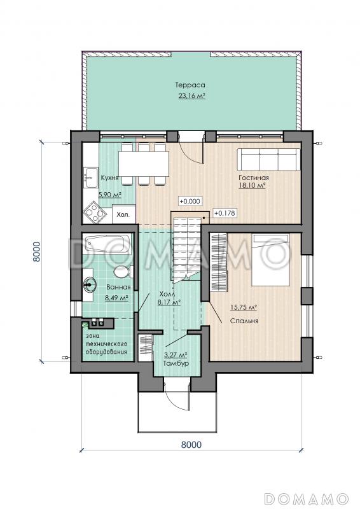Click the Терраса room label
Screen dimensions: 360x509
[190, 85]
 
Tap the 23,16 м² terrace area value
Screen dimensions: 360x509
[191, 96]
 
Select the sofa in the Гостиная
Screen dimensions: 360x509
[269, 160]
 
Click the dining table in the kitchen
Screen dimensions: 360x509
[144, 164]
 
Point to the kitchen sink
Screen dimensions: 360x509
[91, 178]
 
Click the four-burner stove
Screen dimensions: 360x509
[95, 213]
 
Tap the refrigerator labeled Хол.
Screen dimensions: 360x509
[123, 214]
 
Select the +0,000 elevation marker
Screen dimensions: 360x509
[190, 201]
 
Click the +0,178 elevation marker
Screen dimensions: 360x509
[225, 213]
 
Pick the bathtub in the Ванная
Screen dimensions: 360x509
[107, 244]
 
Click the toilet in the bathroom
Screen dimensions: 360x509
[123, 272]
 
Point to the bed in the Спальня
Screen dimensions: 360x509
[271, 260]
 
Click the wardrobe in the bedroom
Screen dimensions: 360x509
[219, 262]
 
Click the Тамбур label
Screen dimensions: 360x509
[176, 363]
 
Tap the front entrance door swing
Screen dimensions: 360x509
[176, 398]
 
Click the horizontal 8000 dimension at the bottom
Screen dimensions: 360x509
[191, 444]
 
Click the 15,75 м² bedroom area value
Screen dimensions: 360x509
[244, 307]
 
